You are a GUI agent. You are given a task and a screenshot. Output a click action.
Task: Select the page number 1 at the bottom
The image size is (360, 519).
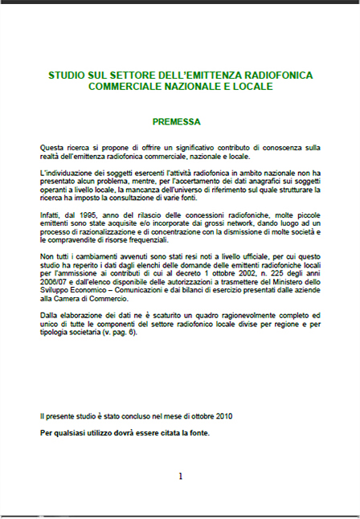(180, 476)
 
